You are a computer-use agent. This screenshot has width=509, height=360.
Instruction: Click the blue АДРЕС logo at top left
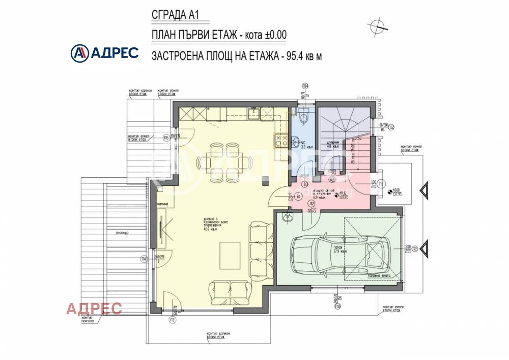click(104, 52)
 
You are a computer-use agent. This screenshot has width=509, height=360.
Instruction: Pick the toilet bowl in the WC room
click(304, 118)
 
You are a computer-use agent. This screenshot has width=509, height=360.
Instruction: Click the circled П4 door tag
click(145, 259)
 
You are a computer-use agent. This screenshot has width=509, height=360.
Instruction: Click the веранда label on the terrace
click(122, 233)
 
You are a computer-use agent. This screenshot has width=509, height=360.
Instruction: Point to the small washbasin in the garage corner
click(287, 217)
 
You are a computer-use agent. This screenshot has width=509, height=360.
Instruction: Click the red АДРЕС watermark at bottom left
click(94, 309)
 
